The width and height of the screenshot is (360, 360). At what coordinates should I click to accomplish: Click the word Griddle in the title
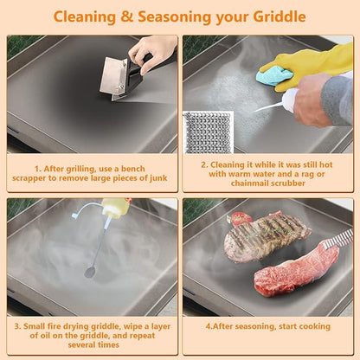(280, 16)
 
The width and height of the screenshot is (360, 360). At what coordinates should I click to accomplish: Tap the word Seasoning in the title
(175, 17)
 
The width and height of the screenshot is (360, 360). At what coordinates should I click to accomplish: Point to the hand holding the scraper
(152, 53)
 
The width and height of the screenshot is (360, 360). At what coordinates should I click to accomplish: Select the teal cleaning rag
(275, 75)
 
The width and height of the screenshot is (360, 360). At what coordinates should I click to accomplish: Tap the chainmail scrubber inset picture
(209, 132)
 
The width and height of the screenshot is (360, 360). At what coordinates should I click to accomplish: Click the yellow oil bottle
(115, 208)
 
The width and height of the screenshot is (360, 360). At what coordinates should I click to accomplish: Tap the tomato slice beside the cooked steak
(241, 218)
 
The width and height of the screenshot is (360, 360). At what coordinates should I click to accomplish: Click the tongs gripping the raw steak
(337, 239)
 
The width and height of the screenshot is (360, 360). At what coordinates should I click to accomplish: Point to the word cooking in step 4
(315, 326)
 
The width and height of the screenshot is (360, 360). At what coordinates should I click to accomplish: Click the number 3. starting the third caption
(18, 326)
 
